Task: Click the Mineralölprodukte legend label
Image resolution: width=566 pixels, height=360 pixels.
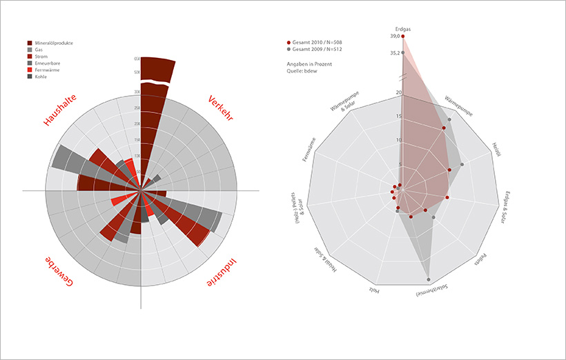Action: point(54,43)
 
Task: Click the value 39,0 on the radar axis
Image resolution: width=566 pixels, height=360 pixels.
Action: point(394,36)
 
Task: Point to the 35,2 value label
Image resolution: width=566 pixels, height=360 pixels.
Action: point(394,52)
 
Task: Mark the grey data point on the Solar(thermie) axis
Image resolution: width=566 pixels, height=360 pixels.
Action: point(429,279)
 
